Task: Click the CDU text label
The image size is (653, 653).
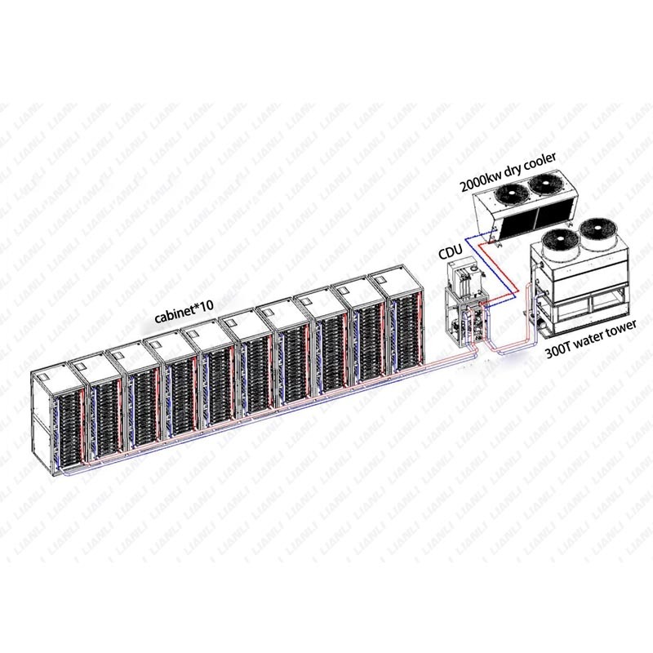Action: coord(451,251)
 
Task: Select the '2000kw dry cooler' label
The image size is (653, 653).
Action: coord(508,171)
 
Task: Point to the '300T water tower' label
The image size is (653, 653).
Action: coord(590,339)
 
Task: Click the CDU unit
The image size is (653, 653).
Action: coord(466,302)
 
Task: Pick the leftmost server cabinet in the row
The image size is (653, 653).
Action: coord(58,420)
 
